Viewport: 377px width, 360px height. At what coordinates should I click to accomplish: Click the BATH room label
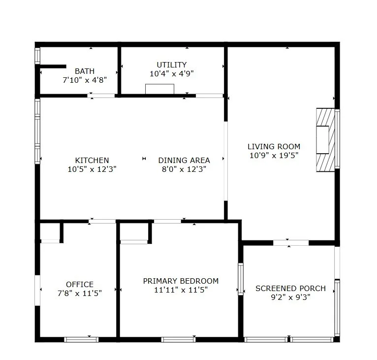pos(85,71)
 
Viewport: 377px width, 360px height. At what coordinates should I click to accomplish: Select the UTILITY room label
pos(171,65)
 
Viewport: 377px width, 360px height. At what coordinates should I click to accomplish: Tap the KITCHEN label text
pos(92,160)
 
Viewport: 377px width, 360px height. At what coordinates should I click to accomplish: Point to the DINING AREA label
pos(184,160)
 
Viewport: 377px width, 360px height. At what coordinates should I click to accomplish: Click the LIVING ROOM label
pos(274,146)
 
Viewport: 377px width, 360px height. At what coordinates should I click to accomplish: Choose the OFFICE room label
pos(80,284)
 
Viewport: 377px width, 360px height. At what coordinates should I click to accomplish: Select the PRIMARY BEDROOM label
pos(181,281)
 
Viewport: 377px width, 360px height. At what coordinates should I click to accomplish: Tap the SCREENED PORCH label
pos(290,288)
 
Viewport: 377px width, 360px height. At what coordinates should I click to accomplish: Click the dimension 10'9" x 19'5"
pos(274,155)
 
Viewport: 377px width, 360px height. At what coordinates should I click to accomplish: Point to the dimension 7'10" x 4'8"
pos(85,79)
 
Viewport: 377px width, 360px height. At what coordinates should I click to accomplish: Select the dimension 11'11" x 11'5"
pos(181,290)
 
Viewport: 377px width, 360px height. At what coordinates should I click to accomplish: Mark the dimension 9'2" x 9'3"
pos(290,297)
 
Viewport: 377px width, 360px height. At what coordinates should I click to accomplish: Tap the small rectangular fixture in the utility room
pos(159,89)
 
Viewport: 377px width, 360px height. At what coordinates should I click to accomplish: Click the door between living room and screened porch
pos(291,242)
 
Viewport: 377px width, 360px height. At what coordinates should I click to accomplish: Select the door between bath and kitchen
pos(101,96)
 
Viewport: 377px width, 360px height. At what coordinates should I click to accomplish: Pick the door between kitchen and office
pos(102,221)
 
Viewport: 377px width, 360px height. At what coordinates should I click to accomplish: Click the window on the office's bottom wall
pos(81,339)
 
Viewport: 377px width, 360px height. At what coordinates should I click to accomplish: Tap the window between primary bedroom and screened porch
pos(241,279)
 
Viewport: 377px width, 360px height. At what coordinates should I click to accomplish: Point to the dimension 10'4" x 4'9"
pos(171,73)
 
